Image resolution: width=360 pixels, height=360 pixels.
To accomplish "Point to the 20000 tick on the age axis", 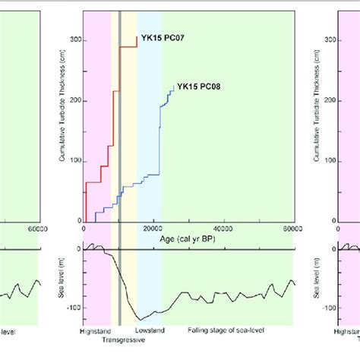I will [153, 226].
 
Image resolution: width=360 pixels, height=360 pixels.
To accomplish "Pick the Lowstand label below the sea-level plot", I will [150, 332].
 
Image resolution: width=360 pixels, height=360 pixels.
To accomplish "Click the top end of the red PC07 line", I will [137, 36].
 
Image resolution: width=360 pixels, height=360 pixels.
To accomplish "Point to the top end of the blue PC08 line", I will [173, 86].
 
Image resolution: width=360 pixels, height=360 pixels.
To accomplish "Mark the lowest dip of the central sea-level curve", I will [140, 318].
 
